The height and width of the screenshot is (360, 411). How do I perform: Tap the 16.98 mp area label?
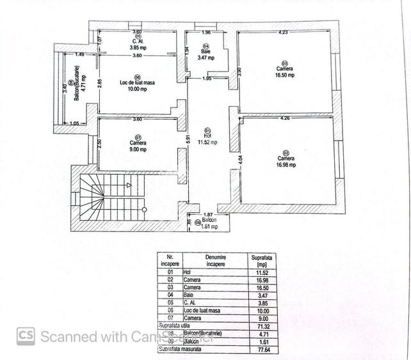tap(286, 164)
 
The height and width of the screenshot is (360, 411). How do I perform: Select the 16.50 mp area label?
tap(285, 75)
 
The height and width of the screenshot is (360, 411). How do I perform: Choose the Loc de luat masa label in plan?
tap(134, 83)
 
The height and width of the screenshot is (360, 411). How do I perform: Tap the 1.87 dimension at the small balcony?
tap(207, 215)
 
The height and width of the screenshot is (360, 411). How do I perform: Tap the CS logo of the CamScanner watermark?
tap(26, 336)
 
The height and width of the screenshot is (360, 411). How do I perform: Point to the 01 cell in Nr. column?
tap(170, 272)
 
